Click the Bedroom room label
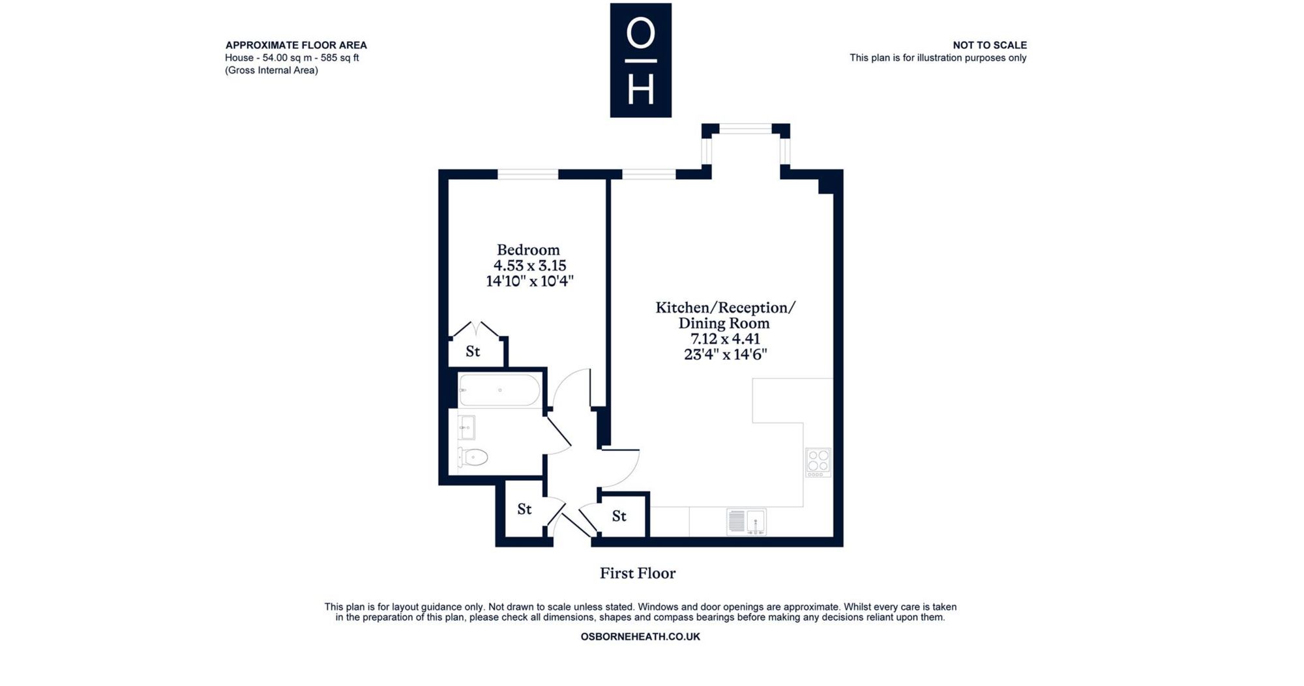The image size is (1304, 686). coord(528,250)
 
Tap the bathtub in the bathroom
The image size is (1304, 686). coord(499,390)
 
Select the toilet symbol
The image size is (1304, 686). coord(473,457)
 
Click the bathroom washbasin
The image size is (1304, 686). coord(466,428)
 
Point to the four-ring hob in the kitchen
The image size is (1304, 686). coord(818,463)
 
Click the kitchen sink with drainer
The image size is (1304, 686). coord(747,522)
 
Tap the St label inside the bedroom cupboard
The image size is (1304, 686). coord(473,352)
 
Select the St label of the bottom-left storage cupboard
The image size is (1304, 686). coord(525,509)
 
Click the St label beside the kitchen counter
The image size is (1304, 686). coord(619,517)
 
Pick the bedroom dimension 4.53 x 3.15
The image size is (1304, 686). coord(529,266)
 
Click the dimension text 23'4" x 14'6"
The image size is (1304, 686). coord(725,354)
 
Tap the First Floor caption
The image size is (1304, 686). coord(638,573)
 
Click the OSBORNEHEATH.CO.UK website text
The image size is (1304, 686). coord(640,636)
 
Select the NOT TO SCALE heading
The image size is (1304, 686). coord(990,45)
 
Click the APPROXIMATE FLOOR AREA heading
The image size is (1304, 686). coord(296,45)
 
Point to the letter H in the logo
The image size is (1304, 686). coord(640,89)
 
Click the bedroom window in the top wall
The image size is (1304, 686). coord(528,174)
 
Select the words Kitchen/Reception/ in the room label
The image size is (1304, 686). coord(725,307)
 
